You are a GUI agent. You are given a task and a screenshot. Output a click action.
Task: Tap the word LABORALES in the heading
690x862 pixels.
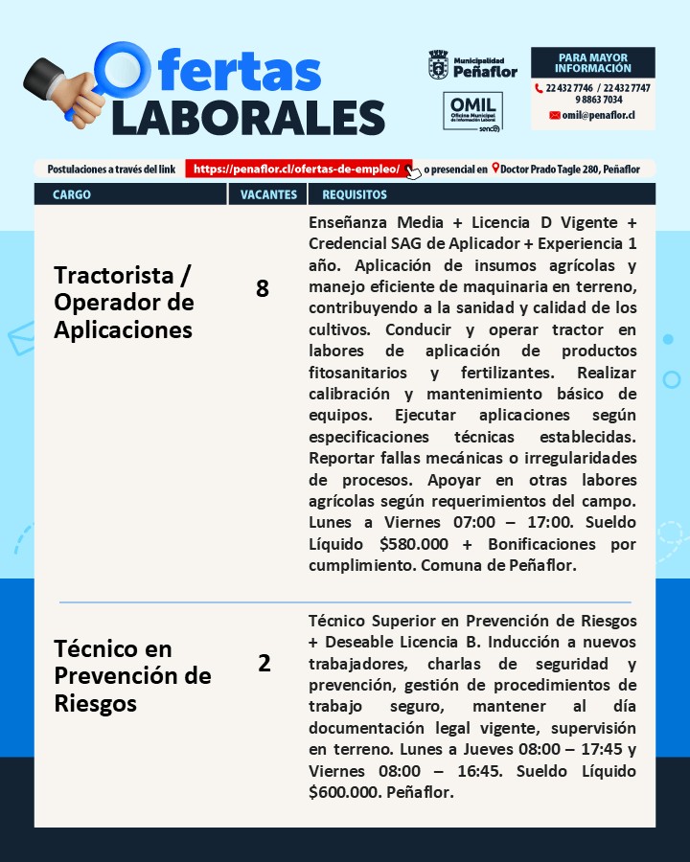[248, 117]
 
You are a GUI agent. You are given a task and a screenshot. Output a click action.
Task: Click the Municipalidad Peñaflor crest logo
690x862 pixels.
[438, 65]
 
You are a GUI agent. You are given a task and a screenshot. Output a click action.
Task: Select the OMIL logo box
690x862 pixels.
[471, 112]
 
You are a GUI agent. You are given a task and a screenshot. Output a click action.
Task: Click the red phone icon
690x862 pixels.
[539, 88]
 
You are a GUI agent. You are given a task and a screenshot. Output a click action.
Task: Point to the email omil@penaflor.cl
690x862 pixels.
[598, 115]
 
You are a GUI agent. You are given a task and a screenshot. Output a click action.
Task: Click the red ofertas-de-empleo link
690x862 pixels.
[297, 169]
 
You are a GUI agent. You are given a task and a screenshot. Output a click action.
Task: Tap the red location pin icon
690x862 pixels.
[494, 169]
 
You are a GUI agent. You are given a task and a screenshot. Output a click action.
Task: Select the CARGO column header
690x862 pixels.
[73, 194]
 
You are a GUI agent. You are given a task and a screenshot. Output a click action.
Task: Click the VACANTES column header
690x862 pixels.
[268, 194]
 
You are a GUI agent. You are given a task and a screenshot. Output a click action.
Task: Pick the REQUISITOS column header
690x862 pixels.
[355, 194]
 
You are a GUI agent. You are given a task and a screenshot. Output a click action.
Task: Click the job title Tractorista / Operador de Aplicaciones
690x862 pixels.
[124, 303]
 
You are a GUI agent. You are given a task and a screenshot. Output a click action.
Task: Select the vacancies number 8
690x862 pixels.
[263, 288]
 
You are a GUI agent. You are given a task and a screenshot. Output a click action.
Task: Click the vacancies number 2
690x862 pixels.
[264, 663]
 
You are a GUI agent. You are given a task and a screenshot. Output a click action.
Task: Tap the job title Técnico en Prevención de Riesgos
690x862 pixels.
[132, 676]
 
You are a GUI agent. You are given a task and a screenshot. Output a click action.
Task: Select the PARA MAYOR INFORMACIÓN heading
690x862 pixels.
[593, 63]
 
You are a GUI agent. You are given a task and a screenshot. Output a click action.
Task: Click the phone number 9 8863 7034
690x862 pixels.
[599, 100]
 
